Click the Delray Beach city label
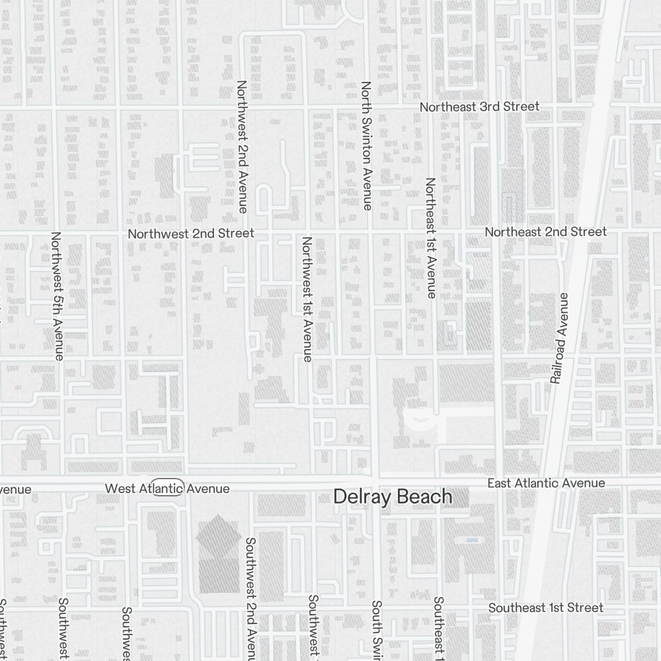393,497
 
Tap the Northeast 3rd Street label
479,106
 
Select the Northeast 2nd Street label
545,232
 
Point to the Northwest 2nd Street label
191,233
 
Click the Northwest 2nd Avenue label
242,146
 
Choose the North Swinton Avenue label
367,146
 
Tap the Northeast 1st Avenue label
431,237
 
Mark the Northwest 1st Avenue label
307,299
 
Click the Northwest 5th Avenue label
57,295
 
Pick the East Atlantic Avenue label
546,484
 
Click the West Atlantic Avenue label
167,488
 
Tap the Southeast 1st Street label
545,607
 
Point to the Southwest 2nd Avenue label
251,598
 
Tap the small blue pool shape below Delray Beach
471,540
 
